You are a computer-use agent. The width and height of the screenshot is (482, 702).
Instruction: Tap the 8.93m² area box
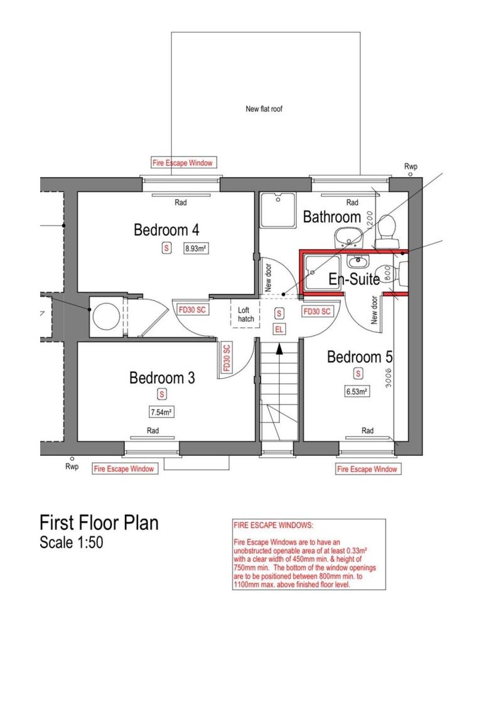196,249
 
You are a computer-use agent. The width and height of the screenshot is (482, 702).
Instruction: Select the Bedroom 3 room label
162,378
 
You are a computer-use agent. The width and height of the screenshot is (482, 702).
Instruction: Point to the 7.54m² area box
161,413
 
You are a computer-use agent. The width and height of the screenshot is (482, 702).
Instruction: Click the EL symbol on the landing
279,329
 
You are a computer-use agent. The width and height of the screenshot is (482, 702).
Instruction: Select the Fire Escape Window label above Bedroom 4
183,163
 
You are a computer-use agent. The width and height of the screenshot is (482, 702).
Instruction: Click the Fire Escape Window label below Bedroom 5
367,469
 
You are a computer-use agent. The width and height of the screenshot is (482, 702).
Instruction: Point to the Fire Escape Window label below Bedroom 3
124,469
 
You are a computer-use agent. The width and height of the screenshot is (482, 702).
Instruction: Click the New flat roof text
264,109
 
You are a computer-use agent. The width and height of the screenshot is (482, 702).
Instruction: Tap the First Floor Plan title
99,522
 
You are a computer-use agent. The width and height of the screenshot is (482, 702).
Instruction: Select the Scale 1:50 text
71,543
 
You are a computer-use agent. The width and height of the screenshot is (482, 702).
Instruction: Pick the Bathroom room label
331,217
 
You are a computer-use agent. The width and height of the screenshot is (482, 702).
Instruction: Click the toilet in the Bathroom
385,229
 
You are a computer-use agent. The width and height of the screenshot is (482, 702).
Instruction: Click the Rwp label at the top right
411,166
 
